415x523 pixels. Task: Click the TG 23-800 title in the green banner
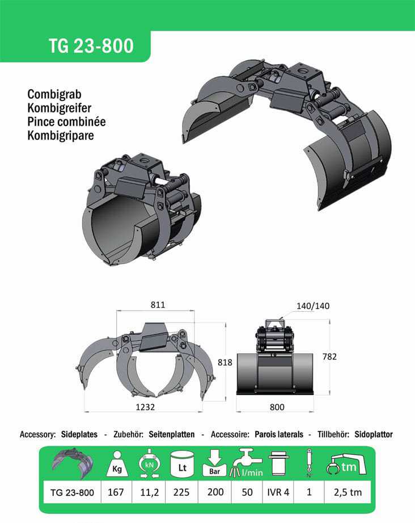click(x=91, y=45)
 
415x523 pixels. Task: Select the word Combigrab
click(x=54, y=94)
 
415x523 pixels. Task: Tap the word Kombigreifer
click(x=60, y=108)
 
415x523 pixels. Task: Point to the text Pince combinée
click(x=66, y=122)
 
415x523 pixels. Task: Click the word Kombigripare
click(x=61, y=135)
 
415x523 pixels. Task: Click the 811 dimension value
click(x=158, y=305)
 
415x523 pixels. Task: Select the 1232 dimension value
click(x=145, y=407)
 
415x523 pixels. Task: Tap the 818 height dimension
click(x=225, y=362)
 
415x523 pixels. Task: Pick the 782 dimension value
click(x=329, y=357)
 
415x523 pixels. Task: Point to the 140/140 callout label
click(x=313, y=306)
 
